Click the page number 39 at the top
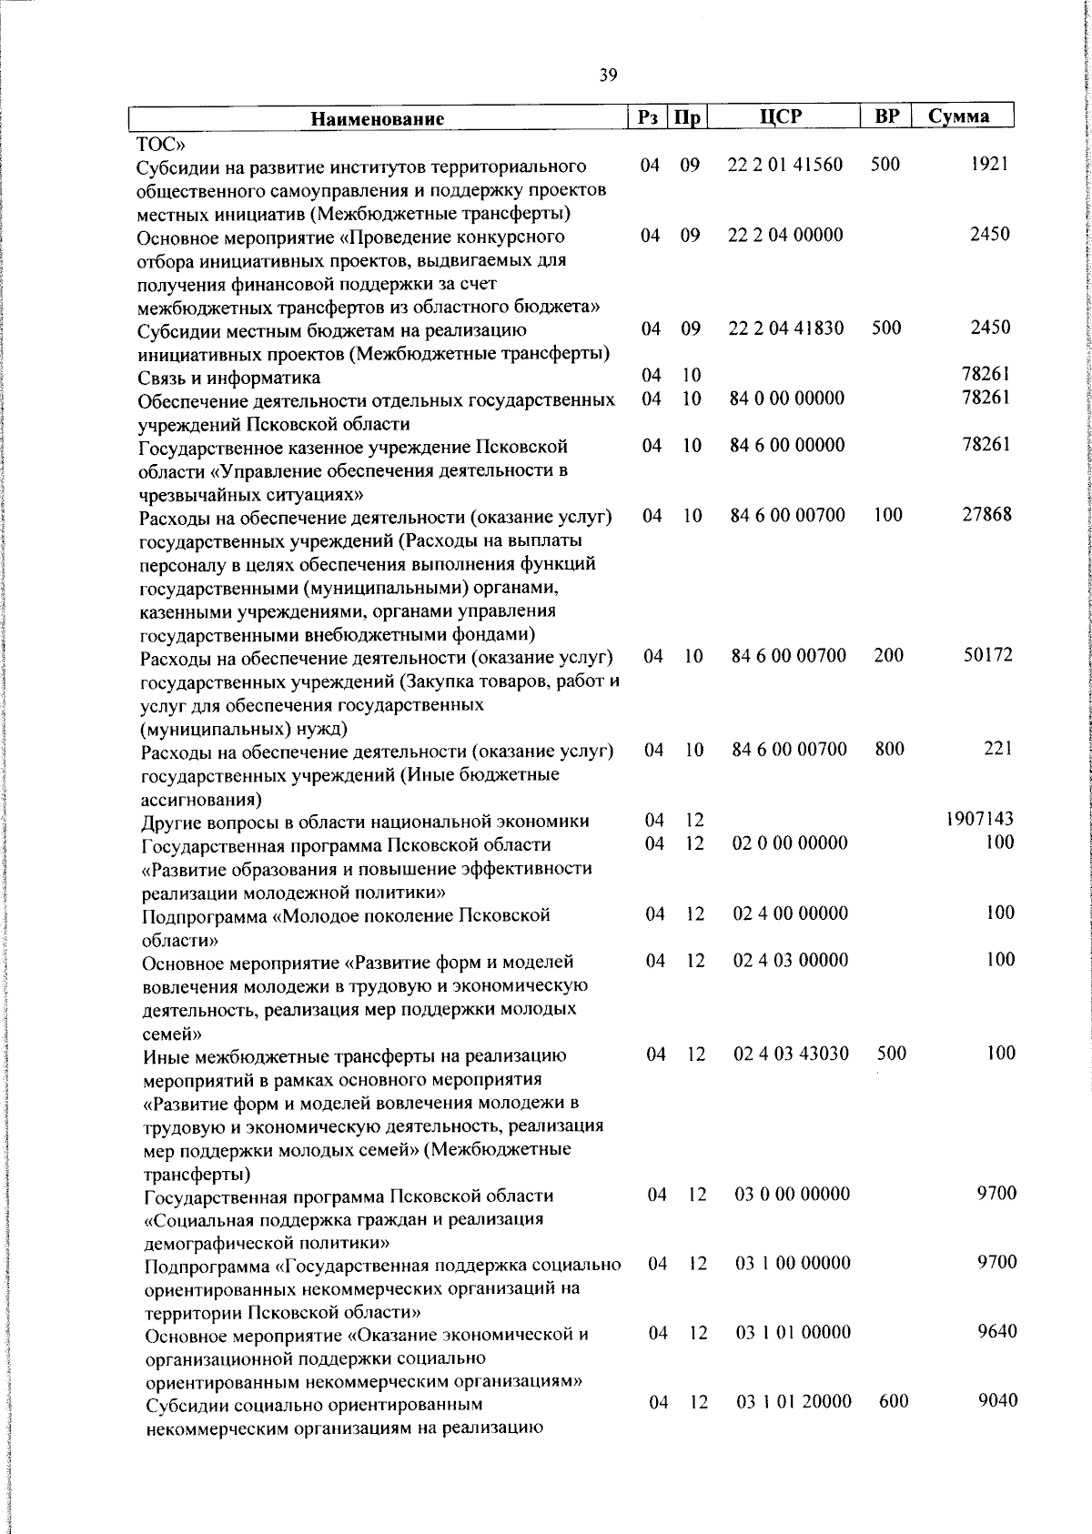point(609,76)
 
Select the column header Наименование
point(377,118)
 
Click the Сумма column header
point(958,116)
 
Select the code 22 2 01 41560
point(785,165)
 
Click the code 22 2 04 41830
point(786,328)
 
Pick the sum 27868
point(986,514)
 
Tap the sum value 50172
point(987,655)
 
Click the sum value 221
point(997,749)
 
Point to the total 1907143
point(979,819)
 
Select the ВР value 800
point(889,749)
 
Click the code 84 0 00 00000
point(787,398)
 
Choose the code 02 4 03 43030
point(791,1053)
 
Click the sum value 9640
point(996,1332)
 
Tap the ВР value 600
point(894,1402)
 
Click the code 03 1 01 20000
point(794,1402)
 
